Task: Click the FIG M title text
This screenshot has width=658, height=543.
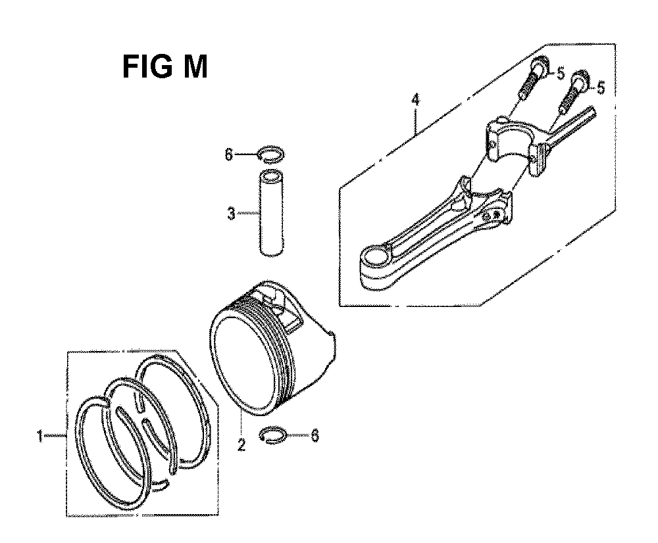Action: pyautogui.click(x=164, y=67)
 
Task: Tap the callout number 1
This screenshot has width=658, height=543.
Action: pyautogui.click(x=40, y=436)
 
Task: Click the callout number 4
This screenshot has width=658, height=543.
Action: pyautogui.click(x=415, y=101)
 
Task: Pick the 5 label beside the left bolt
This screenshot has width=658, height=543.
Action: pyautogui.click(x=560, y=74)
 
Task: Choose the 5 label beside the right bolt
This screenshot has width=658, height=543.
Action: pyautogui.click(x=600, y=86)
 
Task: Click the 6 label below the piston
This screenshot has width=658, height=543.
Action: pyautogui.click(x=314, y=435)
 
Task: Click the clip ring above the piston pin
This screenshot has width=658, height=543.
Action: pyautogui.click(x=272, y=154)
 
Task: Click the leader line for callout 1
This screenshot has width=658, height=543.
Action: pyautogui.click(x=56, y=436)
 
